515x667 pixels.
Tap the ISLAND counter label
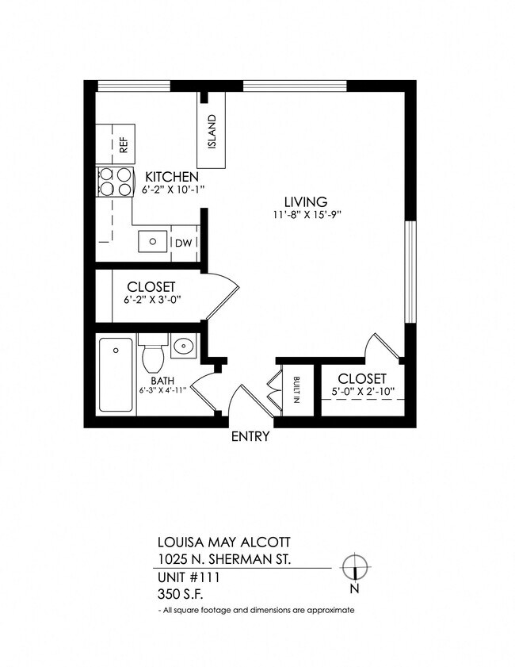(x=212, y=132)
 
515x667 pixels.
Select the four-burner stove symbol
(x=115, y=182)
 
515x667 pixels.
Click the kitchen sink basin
(x=151, y=240)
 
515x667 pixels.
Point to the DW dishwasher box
(x=182, y=242)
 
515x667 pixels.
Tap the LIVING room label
(x=306, y=201)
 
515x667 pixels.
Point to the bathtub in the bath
(x=116, y=375)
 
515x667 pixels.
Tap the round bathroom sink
(x=184, y=347)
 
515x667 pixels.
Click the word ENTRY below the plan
(x=250, y=436)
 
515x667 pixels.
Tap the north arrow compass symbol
(x=355, y=568)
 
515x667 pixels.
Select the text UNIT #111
(x=188, y=577)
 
